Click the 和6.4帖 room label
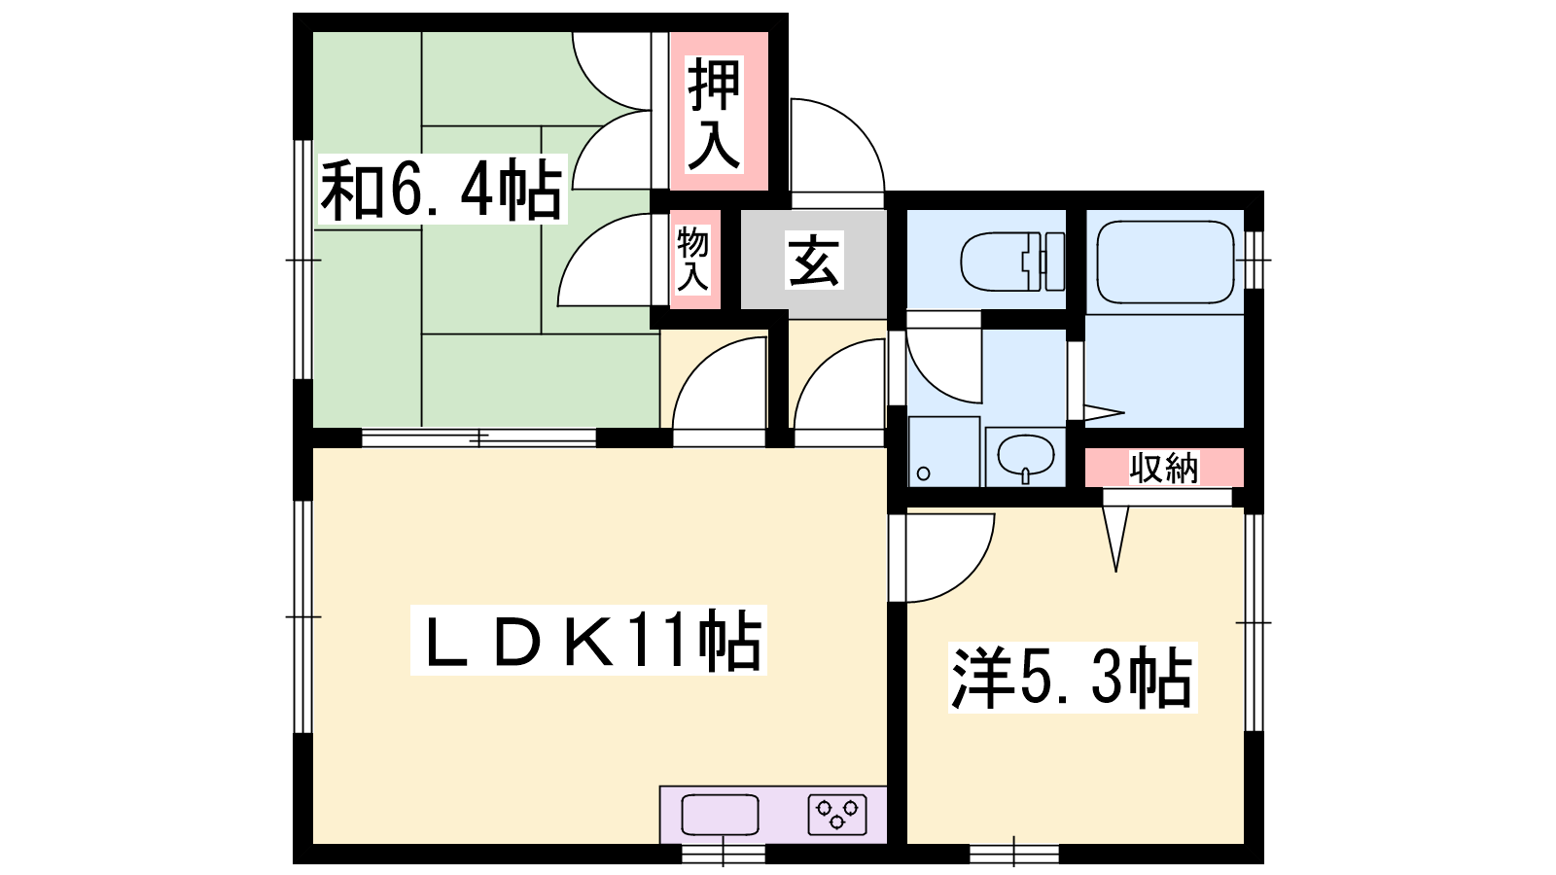click(x=442, y=190)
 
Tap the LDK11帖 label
click(x=588, y=641)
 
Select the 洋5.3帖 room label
click(x=1073, y=678)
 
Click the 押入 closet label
click(x=714, y=114)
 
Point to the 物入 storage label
click(x=692, y=259)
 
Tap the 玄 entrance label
click(x=814, y=260)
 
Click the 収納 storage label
click(x=1163, y=468)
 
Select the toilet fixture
click(x=1012, y=262)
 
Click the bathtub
click(x=1165, y=262)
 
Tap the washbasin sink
click(x=1025, y=457)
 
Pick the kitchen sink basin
click(x=720, y=815)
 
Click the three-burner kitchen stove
click(x=837, y=815)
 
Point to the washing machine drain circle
click(x=923, y=473)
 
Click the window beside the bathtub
click(x=1254, y=260)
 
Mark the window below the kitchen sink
click(x=724, y=855)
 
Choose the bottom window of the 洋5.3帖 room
click(x=1014, y=855)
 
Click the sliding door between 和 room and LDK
click(x=478, y=438)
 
